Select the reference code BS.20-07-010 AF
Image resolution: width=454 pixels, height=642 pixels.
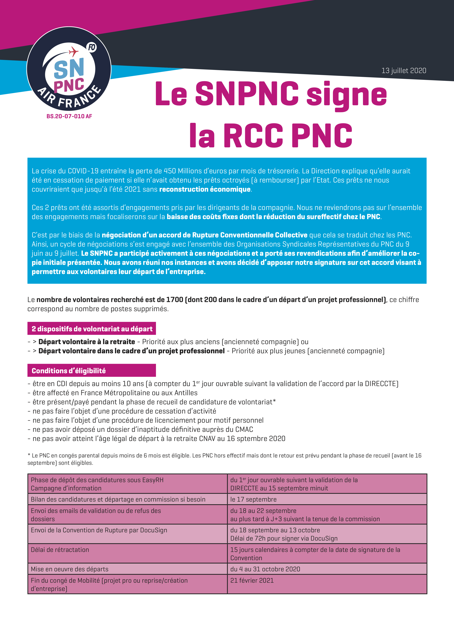click(x=69, y=116)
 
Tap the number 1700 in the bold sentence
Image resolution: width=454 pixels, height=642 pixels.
click(x=174, y=300)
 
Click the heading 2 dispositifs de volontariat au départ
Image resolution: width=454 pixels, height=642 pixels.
click(x=92, y=329)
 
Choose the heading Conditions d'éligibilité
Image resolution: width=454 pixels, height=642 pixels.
click(x=69, y=371)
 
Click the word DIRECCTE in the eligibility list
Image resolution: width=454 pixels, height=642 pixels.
click(x=382, y=384)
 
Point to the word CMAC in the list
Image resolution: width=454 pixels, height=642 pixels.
click(x=244, y=429)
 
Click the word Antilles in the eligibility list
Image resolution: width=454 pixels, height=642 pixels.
click(x=186, y=393)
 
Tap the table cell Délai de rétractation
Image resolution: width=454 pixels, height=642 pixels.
click(x=60, y=550)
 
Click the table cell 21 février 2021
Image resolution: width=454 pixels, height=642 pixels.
click(x=252, y=580)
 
